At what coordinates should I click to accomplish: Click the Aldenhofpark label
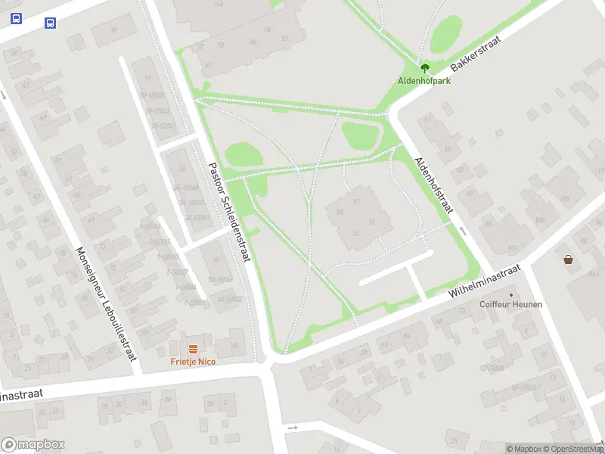tap(424, 80)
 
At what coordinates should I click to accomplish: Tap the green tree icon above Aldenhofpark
tap(424, 68)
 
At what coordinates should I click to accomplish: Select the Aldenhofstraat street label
tap(433, 185)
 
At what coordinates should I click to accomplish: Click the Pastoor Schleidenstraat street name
tap(229, 212)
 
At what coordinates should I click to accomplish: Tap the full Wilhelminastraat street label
tap(486, 281)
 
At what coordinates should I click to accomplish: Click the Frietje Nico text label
tap(193, 362)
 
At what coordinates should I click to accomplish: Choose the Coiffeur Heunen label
tap(510, 305)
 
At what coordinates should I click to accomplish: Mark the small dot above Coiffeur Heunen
tap(510, 294)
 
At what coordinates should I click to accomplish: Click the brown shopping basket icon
tap(568, 260)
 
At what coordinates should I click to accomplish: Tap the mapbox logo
tap(33, 445)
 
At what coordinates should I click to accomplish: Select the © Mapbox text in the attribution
tap(523, 449)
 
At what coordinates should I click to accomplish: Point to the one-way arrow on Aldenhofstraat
tap(464, 231)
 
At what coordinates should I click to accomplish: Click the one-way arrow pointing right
tap(293, 428)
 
